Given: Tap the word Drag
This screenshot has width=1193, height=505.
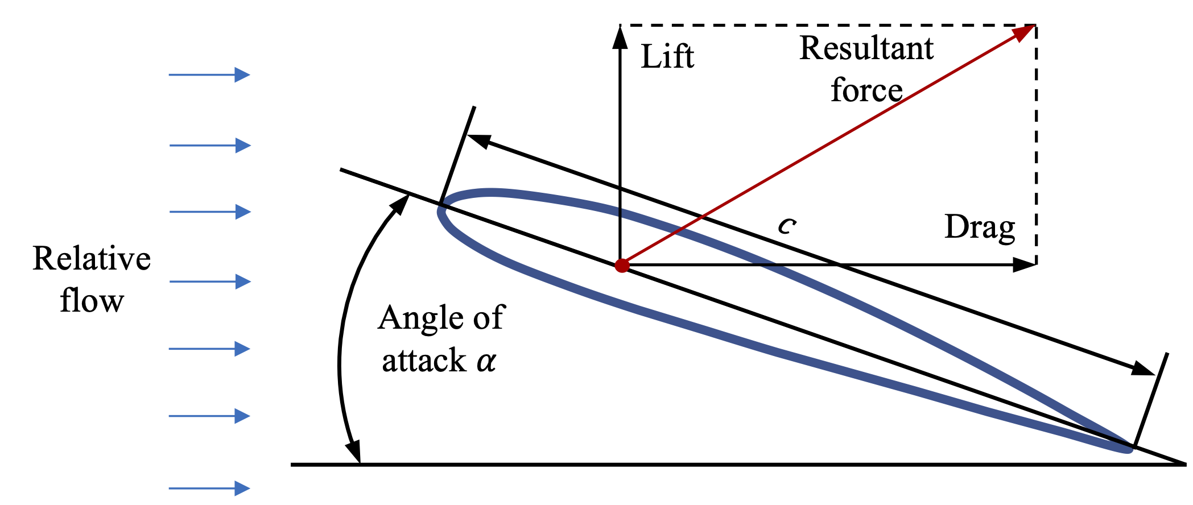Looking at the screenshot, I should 980,227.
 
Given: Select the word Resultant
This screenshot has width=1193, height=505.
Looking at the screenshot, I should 866,48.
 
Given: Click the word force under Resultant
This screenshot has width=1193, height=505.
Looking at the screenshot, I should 866,90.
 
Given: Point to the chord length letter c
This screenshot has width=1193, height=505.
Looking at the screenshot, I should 787,226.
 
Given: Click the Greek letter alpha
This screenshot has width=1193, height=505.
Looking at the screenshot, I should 486,361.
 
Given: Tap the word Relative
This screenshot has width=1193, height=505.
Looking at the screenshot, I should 92,259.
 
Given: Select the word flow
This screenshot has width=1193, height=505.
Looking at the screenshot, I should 92,301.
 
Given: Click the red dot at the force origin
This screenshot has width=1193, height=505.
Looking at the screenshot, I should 622,266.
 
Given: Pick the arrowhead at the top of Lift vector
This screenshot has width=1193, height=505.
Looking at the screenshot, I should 620,36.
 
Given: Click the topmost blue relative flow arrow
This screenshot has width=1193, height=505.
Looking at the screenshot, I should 209,74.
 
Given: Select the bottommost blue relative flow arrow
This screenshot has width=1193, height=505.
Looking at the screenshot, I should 209,488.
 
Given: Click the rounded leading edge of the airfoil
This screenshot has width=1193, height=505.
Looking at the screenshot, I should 441,212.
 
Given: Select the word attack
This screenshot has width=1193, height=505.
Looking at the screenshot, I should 424,361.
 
